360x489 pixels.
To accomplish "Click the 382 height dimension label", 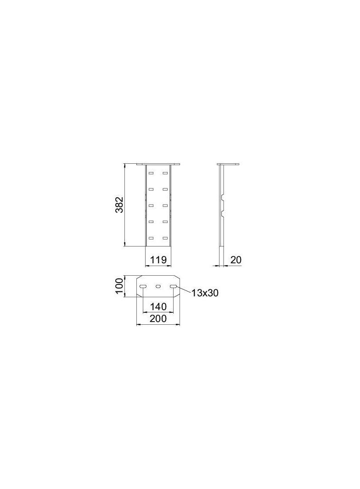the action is coord(119,205).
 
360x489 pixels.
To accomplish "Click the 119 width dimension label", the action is coord(158,260).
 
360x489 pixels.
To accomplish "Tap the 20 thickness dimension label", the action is coord(236,260).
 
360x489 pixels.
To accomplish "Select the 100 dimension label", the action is coord(119,286).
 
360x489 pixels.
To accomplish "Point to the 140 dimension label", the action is coord(158,306).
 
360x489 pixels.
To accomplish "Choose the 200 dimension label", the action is coord(158,319).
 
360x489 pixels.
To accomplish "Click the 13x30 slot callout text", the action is coord(205,293).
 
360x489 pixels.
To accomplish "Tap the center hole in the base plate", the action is coord(158,286).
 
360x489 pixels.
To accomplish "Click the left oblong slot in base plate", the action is coord(143,286).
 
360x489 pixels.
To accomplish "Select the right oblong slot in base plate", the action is coord(174,286).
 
